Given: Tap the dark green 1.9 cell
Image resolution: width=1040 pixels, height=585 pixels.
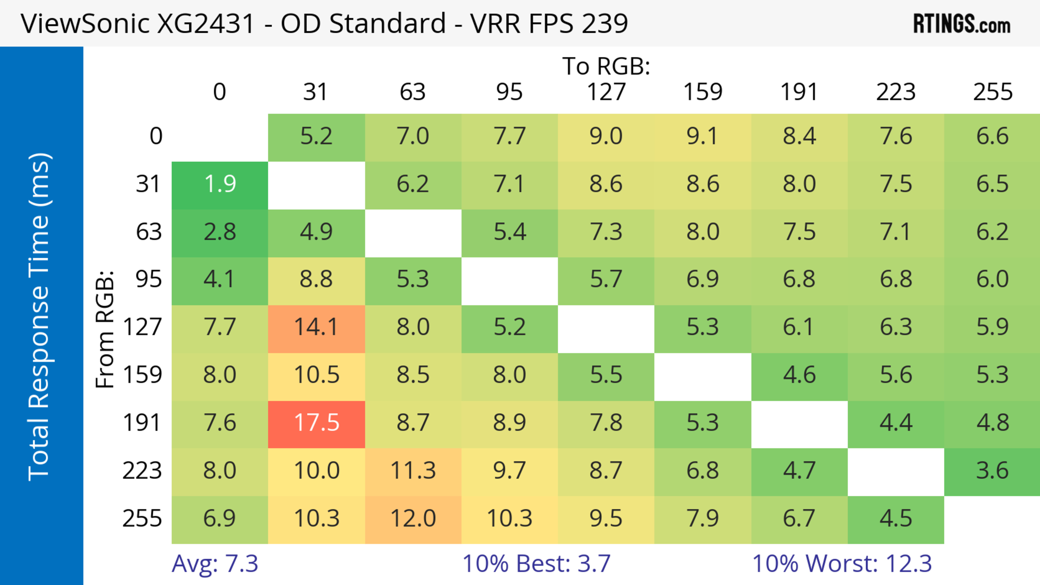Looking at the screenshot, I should point(220,184).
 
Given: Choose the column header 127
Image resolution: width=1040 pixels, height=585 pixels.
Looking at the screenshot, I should point(606,92).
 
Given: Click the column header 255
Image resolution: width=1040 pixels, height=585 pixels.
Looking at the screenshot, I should point(992,92).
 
